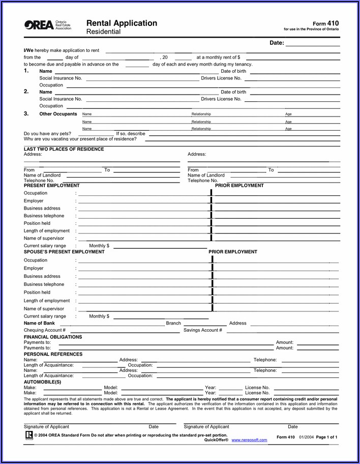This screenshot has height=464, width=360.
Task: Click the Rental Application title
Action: click(x=122, y=23)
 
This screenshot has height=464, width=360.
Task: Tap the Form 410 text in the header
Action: click(x=325, y=23)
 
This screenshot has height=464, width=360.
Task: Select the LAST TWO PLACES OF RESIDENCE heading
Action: click(x=64, y=149)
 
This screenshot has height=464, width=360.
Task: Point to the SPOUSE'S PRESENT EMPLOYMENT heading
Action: click(x=64, y=252)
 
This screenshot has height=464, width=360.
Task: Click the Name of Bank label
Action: click(x=39, y=323)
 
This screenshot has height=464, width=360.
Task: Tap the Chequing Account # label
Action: click(x=44, y=330)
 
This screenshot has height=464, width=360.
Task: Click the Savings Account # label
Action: click(x=202, y=330)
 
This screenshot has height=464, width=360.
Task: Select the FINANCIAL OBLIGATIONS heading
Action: click(x=53, y=337)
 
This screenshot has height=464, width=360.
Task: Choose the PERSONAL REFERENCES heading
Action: click(x=53, y=354)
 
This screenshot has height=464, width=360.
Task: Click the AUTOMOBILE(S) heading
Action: click(x=42, y=382)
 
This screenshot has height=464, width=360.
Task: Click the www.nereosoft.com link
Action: click(x=249, y=440)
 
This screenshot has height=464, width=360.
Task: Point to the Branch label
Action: click(x=173, y=323)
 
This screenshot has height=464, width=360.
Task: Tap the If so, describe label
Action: click(x=131, y=134)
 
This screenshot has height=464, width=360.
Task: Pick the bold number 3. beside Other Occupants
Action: click(x=26, y=114)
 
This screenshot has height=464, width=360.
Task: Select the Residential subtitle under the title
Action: click(x=103, y=32)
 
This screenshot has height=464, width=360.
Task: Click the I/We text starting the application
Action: click(x=28, y=50)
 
